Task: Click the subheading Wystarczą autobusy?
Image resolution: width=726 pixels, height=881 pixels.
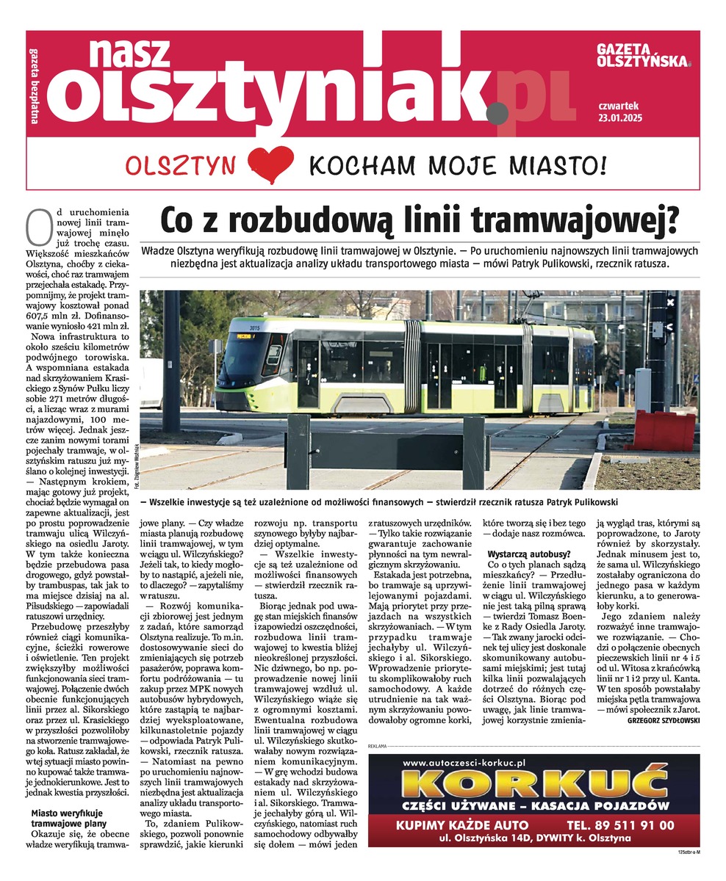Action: [x=528, y=552]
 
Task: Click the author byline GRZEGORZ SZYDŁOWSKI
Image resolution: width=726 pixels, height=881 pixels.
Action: [x=664, y=721]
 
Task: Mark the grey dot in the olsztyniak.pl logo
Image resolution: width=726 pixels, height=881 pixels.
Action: [x=497, y=112]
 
